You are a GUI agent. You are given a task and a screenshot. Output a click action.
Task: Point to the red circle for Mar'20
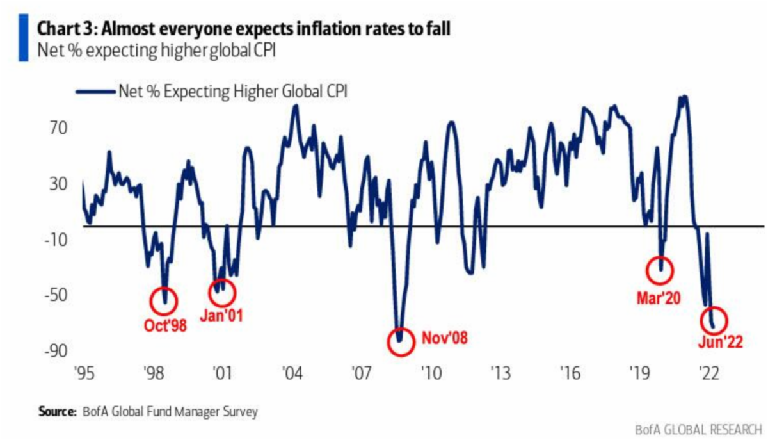pos(660,270)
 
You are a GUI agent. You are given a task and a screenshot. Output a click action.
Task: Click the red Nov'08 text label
pos(444,338)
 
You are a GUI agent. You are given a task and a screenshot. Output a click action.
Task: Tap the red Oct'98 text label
pos(164,325)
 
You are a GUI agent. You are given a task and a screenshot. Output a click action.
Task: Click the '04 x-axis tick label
pos(292,373)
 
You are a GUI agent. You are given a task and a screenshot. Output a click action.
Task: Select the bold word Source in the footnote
pos(56,411)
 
